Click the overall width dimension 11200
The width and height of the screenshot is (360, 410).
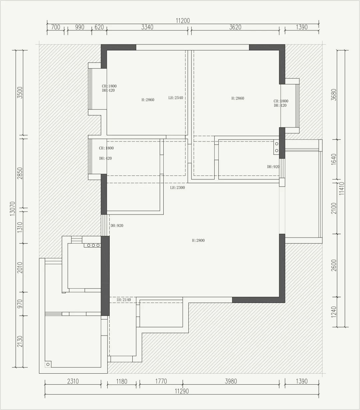183,21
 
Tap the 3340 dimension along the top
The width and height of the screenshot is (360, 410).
147,27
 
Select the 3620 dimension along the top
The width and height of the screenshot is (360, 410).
235,27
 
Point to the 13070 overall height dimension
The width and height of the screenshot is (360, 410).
13,209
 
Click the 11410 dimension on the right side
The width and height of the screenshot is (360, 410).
342,188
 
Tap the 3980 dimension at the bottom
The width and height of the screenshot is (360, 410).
231,381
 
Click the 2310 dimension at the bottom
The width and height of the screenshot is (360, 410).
73,381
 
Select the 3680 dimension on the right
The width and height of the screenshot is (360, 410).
334,95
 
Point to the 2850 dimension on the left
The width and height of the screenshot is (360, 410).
20,173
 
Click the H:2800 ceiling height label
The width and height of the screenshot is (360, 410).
198,241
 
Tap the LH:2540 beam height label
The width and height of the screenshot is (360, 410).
176,98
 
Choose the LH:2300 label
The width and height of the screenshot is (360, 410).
177,187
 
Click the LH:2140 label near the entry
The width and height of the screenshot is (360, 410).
124,300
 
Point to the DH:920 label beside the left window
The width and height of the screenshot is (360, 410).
117,226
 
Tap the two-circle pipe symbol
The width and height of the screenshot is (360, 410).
276,147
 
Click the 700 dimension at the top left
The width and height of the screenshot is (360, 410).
56,27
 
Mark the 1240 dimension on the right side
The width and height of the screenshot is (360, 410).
334,312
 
